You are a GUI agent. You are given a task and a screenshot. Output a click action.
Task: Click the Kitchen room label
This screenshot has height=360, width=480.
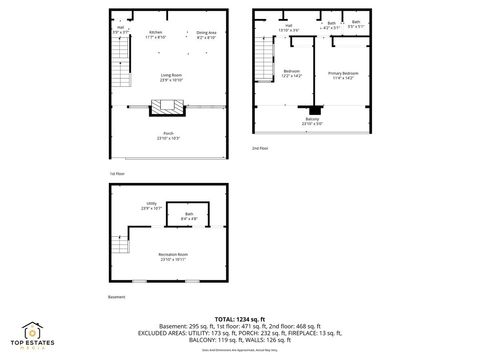(155, 34)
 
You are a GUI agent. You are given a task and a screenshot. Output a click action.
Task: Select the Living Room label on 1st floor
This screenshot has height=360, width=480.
(171, 77)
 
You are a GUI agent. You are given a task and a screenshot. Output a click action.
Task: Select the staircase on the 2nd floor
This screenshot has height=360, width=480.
(264, 60)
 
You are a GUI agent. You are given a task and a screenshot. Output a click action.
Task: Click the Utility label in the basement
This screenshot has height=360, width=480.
(151, 206)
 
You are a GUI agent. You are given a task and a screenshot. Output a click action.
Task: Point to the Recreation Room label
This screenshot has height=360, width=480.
(173, 257)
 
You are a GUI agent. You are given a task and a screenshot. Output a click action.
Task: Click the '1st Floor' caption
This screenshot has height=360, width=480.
(116, 173)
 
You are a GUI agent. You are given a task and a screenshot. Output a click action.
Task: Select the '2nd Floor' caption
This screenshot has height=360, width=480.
(259, 148)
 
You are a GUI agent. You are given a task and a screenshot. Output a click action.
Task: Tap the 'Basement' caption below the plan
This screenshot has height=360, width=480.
(117, 297)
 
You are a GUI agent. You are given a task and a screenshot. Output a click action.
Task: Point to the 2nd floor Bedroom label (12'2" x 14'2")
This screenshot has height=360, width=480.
(292, 73)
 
